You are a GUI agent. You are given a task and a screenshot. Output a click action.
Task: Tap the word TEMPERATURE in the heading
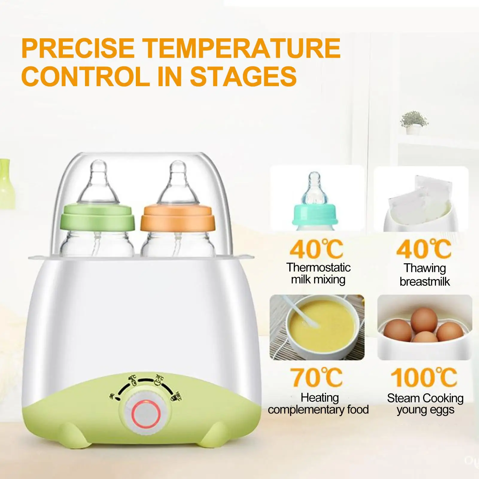(x=243, y=48)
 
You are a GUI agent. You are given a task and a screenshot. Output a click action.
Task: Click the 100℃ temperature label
(x=424, y=377)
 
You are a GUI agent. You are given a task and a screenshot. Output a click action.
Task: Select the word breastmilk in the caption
(x=425, y=282)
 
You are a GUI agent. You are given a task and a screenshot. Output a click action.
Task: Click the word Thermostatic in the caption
(x=318, y=267)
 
